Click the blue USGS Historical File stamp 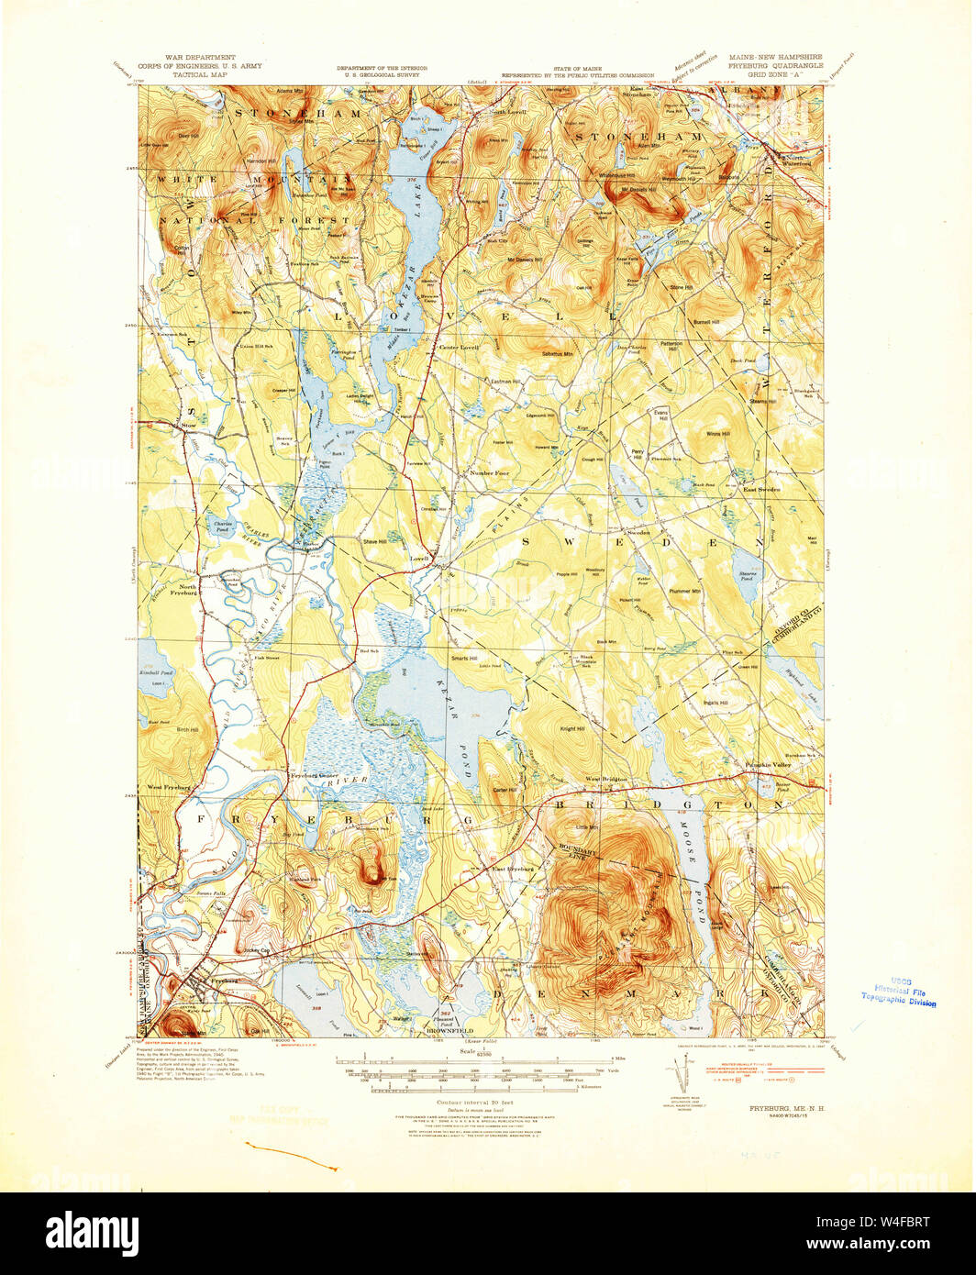[x=899, y=996]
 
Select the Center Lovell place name [x=459, y=348]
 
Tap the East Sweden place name [x=760, y=490]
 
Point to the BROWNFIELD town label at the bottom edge [x=446, y=1031]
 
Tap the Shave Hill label [x=374, y=542]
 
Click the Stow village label [x=189, y=426]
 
